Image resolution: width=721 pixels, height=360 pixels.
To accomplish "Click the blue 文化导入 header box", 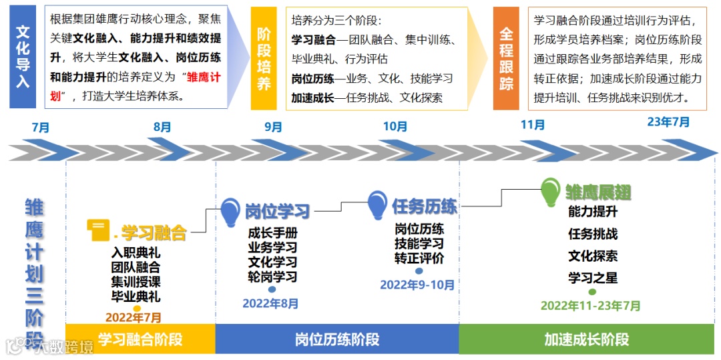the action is click(x=23, y=57).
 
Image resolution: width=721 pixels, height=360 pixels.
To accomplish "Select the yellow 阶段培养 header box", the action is click(x=264, y=59).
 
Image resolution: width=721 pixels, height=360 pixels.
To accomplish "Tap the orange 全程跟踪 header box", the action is click(x=506, y=59).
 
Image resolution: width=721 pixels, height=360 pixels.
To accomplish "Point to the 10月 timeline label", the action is click(x=395, y=126).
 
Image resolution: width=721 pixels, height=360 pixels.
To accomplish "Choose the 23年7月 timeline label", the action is click(x=668, y=122).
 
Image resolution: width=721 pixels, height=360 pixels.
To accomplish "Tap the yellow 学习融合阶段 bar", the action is click(x=140, y=339).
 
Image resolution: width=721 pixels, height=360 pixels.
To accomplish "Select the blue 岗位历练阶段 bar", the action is click(x=337, y=339).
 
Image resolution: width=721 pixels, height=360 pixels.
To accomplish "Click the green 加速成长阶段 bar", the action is click(x=587, y=339).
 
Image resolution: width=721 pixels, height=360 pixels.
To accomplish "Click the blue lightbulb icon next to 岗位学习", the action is click(x=230, y=210).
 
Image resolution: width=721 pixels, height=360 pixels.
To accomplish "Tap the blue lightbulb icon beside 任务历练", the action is click(x=377, y=204).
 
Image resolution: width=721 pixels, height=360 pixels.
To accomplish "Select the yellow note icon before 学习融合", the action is click(x=98, y=231).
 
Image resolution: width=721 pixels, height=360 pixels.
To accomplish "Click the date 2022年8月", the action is click(x=270, y=303).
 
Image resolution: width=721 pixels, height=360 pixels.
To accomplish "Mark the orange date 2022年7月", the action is click(x=134, y=318).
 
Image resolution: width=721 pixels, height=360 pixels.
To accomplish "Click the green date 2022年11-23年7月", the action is click(x=591, y=306).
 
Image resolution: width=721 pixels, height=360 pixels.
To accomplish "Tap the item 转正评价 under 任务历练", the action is click(x=419, y=258).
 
